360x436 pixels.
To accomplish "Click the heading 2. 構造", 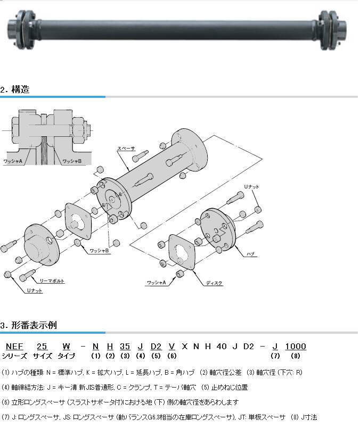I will [15, 89].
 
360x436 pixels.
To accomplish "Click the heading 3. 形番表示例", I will [29, 325].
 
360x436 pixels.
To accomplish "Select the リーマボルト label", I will [52, 281].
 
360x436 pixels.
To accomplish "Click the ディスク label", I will [214, 283].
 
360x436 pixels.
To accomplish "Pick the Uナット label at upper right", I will [251, 186].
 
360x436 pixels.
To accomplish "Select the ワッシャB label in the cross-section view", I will [72, 161].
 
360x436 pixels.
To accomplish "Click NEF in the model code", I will [14, 347].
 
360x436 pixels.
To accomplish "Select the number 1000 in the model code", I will [296, 347].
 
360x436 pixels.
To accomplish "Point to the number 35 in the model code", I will [125, 347].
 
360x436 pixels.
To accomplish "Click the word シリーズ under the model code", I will [14, 356].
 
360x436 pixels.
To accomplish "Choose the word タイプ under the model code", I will [66, 356].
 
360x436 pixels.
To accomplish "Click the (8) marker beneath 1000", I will [296, 356].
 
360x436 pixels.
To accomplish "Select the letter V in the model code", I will [171, 347].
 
